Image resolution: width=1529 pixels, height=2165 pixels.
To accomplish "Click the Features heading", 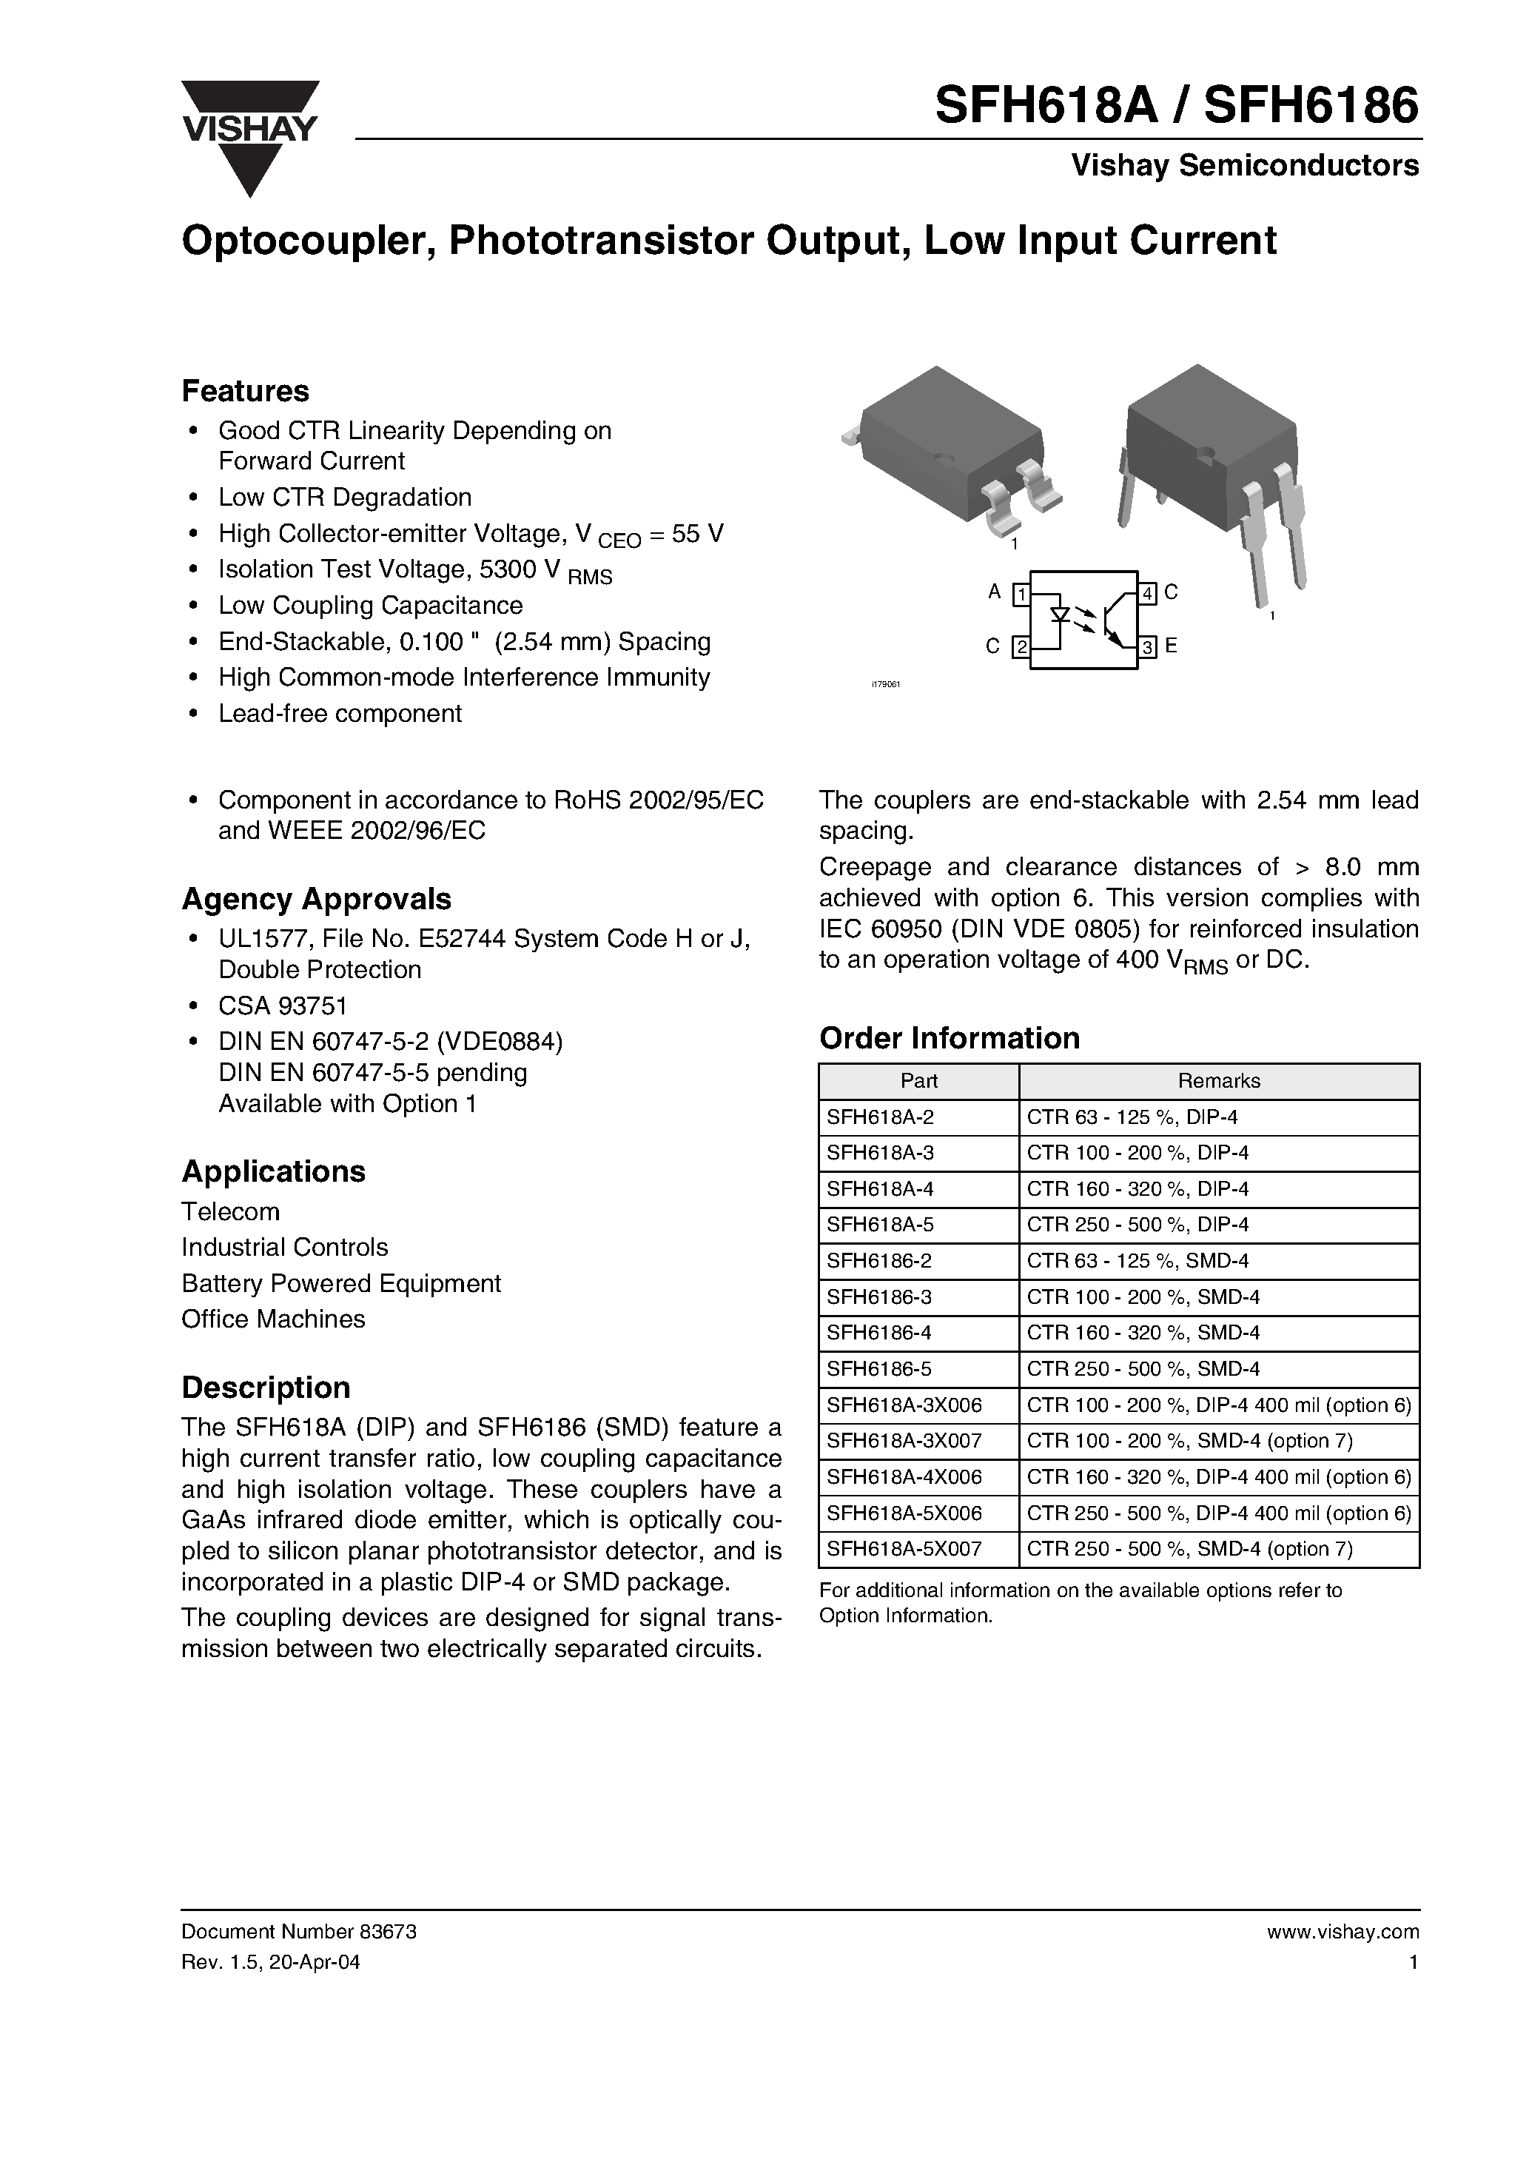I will (x=245, y=390).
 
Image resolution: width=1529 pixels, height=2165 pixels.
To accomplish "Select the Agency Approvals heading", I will (x=316, y=899).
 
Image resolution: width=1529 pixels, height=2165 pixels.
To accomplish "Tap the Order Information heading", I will (x=950, y=1037).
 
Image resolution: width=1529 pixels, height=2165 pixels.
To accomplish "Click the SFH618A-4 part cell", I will (x=867, y=1189).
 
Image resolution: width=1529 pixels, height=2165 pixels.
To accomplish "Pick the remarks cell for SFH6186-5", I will (x=1143, y=1368).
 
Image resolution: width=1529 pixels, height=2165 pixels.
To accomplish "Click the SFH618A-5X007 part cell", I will (x=904, y=1548).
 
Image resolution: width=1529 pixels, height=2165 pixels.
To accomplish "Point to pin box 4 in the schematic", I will (x=1147, y=594).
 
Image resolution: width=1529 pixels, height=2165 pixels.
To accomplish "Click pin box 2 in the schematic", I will (x=1021, y=648).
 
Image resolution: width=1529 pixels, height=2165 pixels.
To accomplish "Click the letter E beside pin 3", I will (x=1171, y=646).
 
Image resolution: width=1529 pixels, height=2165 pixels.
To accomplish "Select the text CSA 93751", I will (x=283, y=1005).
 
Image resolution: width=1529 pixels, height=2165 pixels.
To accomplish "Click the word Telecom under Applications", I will (x=230, y=1211).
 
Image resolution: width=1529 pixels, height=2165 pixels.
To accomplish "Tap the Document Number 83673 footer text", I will (x=298, y=1931).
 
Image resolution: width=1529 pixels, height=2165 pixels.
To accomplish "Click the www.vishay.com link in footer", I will (x=1343, y=1931).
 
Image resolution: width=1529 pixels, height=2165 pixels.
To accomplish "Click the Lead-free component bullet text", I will (x=340, y=713).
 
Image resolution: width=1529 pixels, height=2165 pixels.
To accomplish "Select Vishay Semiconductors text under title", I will (x=1244, y=166).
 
